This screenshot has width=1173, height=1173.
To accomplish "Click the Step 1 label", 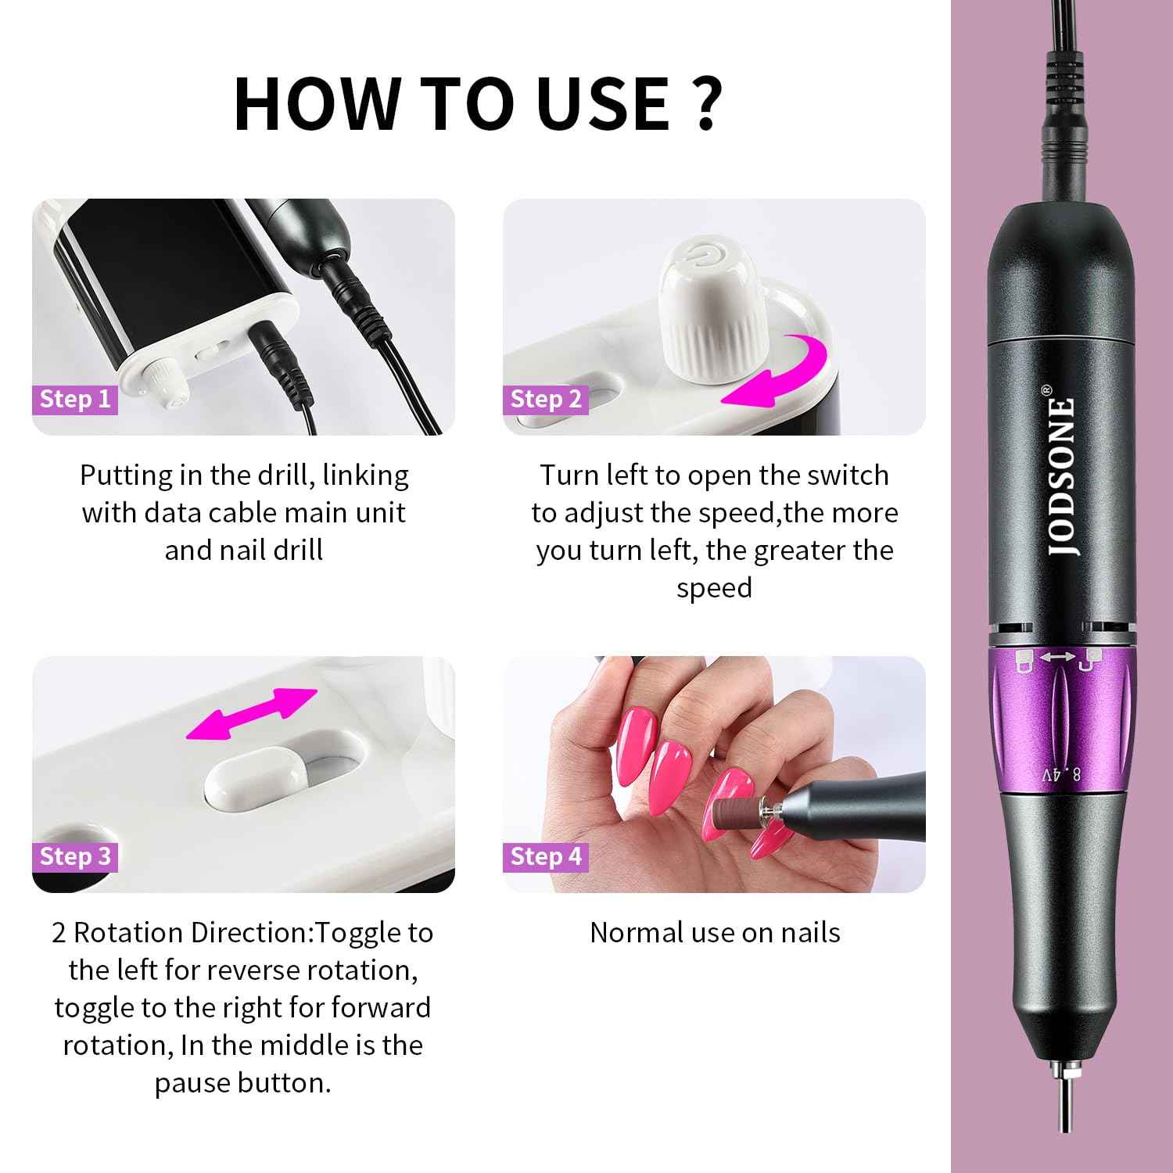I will (75, 399).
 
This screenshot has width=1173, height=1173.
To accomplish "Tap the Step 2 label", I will (546, 399).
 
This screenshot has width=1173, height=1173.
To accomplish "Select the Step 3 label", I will (75, 856).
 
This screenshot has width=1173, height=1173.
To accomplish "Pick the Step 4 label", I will (546, 856).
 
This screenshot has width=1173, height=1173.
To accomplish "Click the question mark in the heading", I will (705, 103).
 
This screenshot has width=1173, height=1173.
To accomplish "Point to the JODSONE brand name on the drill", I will (1060, 477).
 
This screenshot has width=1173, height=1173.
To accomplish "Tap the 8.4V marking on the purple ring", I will (1060, 775).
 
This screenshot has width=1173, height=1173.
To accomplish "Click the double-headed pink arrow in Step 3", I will (252, 714).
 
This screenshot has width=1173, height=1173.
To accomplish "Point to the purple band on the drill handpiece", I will (1060, 719).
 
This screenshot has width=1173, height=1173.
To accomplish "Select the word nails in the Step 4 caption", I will (810, 932).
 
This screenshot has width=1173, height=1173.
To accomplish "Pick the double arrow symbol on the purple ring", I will (1057, 658).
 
